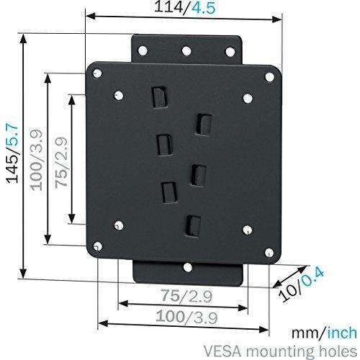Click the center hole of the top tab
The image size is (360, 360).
coord(186,50)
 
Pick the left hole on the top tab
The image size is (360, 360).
coord(141,50)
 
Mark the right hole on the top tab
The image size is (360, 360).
coord(232,50)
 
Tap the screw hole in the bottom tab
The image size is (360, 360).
coord(187,268)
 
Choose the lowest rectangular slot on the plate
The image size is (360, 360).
coord(191,225)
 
